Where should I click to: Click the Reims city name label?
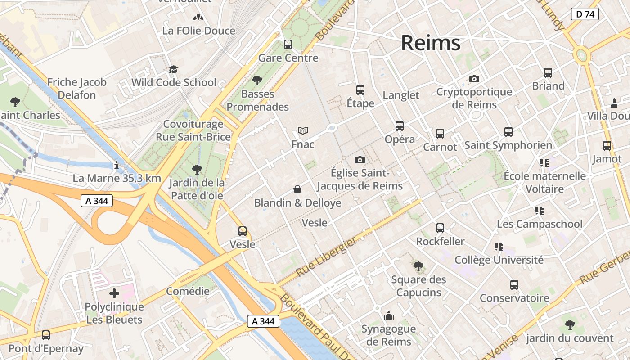[x=431, y=43]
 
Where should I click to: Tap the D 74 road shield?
[x=585, y=14]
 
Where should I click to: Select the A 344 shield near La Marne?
[x=97, y=201]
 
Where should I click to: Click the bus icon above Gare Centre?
[x=288, y=45]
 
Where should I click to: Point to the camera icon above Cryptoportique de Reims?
[x=474, y=79]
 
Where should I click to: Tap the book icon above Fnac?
[x=303, y=131]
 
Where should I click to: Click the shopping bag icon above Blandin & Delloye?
[x=297, y=189]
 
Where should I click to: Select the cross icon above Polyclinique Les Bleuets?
[x=114, y=293]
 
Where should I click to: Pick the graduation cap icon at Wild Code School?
[x=174, y=69]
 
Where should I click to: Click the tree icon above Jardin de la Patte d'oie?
[x=197, y=169]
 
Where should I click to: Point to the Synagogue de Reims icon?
[x=389, y=315]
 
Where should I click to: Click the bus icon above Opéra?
[x=400, y=126]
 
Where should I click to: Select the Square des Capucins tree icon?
[x=418, y=266]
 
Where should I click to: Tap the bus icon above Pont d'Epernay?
[x=46, y=335]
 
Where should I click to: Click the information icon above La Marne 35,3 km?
[x=117, y=165]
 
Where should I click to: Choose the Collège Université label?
[x=499, y=260]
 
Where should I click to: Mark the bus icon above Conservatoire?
[x=514, y=285]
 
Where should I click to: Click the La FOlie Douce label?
[x=199, y=31]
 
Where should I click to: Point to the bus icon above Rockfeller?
[x=440, y=228]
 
